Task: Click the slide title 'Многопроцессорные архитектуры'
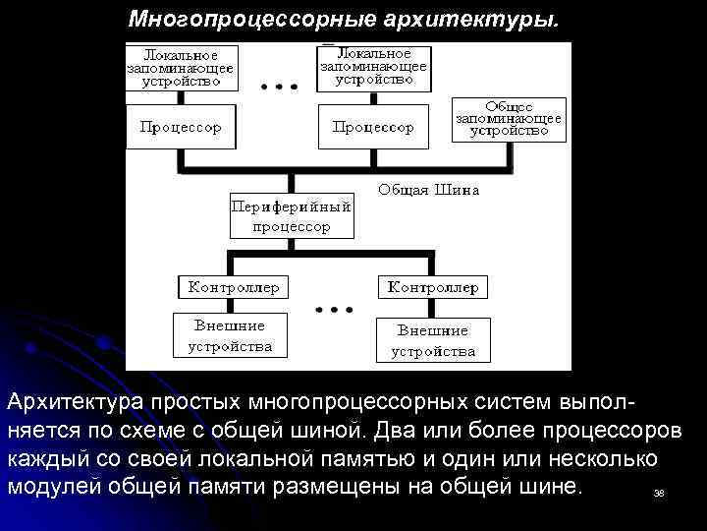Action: point(348,20)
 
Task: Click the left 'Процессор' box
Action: point(182,127)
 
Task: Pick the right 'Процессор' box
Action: point(374,127)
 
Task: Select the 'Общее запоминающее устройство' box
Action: point(509,118)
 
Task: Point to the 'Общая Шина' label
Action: point(429,190)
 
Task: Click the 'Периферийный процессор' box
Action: point(291,216)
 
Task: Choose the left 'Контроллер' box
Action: point(234,287)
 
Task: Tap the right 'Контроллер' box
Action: point(433,287)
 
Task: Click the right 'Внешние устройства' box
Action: point(433,340)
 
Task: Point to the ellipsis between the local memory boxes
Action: point(279,87)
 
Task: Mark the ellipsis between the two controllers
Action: point(334,310)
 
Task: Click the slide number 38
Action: point(659,493)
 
